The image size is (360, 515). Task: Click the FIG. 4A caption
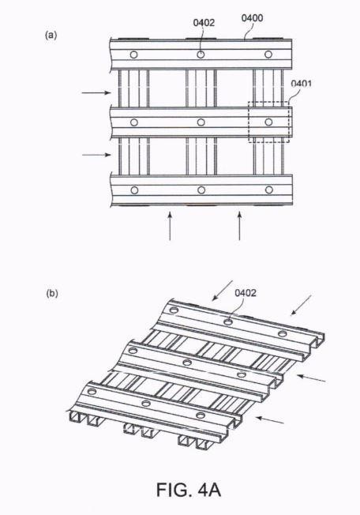pos(189,490)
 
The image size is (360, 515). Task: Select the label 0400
pos(252,17)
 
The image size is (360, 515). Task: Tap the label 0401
pos(302,84)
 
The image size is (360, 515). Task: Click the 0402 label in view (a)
pos(204,23)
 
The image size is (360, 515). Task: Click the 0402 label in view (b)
pos(246,292)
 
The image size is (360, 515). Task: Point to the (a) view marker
pos(51,35)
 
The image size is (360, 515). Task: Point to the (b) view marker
pos(52,293)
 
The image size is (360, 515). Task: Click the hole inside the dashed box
pos(268,122)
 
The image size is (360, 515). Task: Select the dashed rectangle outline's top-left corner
pos(249,102)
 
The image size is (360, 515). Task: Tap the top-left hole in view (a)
pos(133,55)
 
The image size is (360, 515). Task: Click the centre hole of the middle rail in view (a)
pos(201,122)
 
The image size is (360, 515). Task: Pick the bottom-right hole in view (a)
pos(269,190)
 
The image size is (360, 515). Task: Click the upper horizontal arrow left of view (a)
pos(96,92)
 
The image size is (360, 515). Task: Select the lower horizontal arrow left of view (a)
pos(96,155)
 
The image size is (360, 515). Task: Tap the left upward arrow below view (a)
pos(170,226)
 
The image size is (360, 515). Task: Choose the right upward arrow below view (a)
pos(239,226)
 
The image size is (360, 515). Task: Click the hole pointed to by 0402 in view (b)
pos(228,322)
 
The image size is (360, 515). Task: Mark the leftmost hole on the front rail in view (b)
pos(92,392)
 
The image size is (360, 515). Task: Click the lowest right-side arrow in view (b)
pos(270,420)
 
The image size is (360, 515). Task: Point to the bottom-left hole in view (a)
pos(134,190)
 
